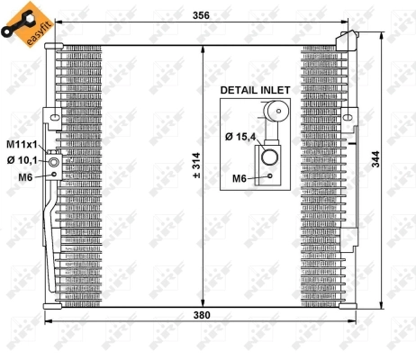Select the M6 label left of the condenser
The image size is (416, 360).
tap(25, 176)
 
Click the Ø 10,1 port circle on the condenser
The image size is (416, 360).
tap(54, 163)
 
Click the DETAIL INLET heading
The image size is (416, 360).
tap(257, 91)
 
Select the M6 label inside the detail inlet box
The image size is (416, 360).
tap(240, 178)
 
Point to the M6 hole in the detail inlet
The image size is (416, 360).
tap(270, 177)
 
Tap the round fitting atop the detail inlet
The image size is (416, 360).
tap(276, 112)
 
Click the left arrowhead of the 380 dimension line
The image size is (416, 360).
tap(47, 322)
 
